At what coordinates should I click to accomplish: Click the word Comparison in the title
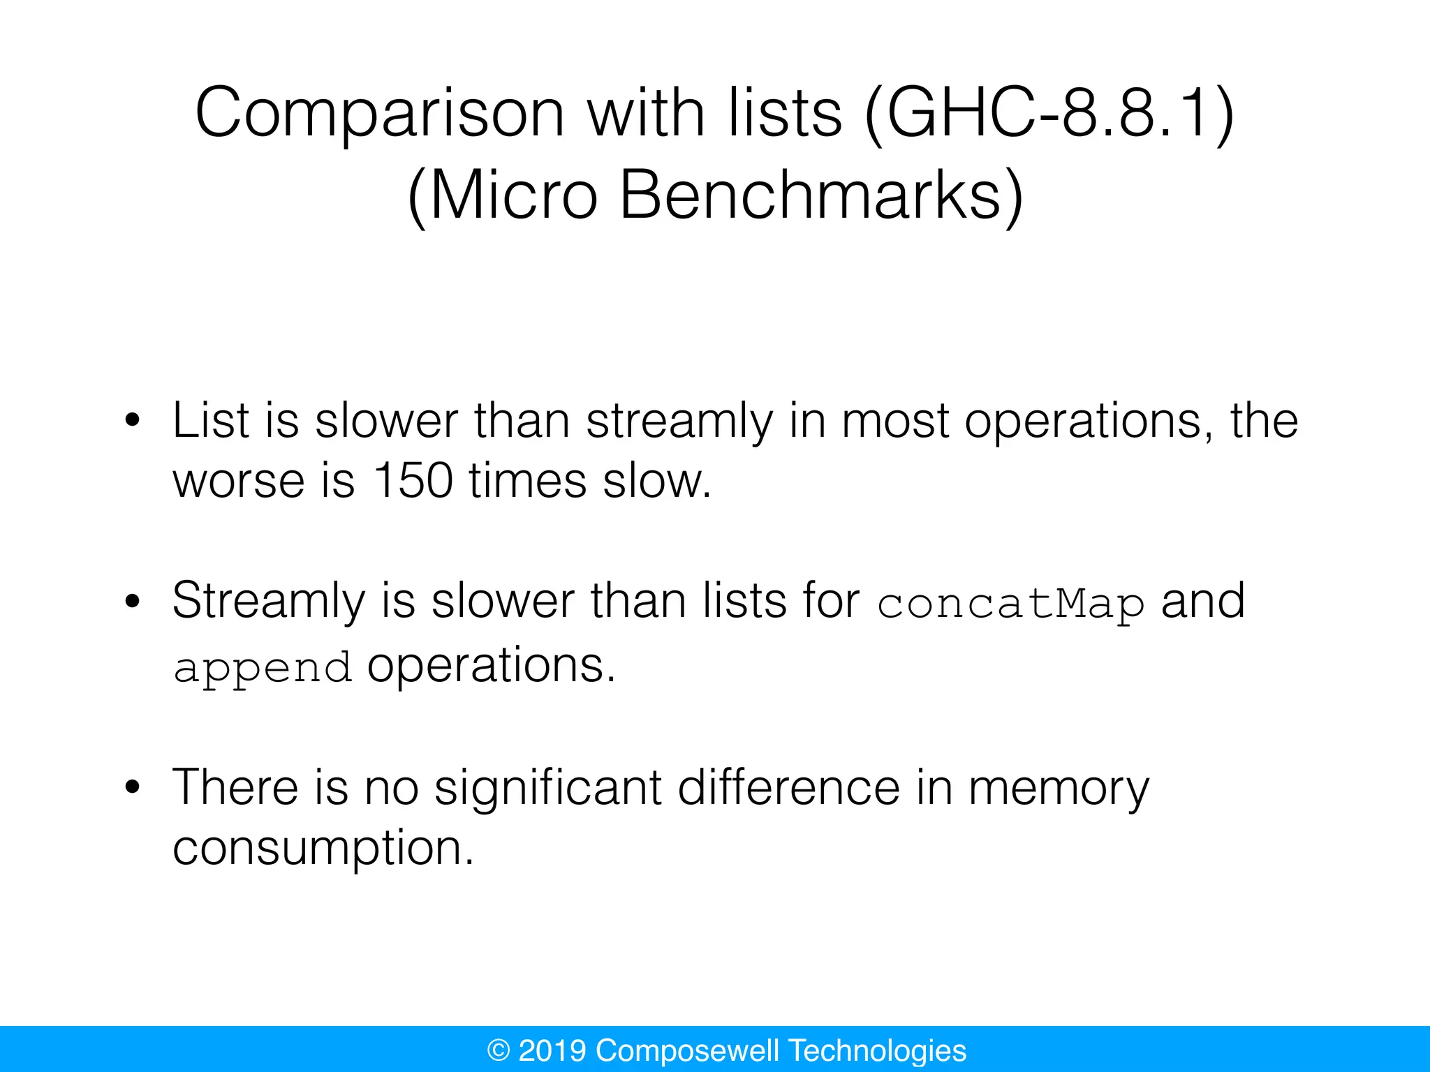[x=379, y=114]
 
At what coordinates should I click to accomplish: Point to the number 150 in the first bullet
[x=413, y=481]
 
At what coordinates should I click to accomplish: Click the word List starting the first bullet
[x=210, y=421]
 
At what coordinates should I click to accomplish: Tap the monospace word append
[x=262, y=668]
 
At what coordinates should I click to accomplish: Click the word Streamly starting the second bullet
[x=268, y=602]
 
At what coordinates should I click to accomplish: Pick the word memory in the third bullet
[x=1058, y=789]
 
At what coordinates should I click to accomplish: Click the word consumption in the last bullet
[x=323, y=849]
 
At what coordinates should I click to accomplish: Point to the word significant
[x=547, y=789]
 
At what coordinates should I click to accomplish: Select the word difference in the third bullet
[x=789, y=789]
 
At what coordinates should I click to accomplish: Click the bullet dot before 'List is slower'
[x=132, y=421]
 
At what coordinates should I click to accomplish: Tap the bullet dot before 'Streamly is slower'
[x=132, y=601]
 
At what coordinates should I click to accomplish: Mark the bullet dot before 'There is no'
[x=132, y=788]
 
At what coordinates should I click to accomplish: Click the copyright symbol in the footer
[x=499, y=1050]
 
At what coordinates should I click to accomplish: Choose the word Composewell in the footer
[x=687, y=1050]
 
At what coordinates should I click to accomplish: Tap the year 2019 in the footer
[x=552, y=1050]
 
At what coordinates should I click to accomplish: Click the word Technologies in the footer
[x=878, y=1050]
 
